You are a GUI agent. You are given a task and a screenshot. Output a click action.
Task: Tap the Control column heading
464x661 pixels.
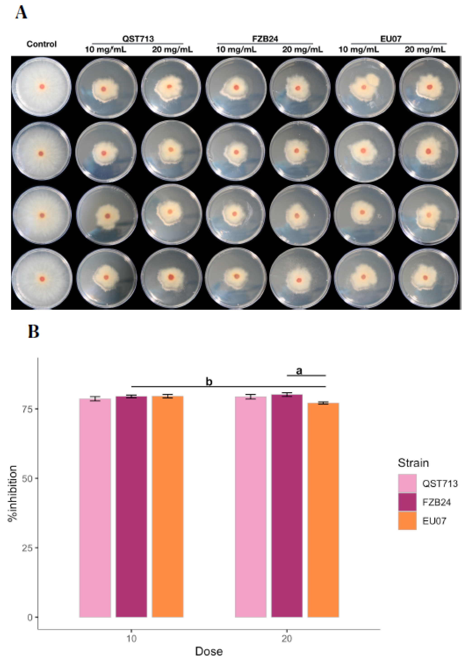point(41,44)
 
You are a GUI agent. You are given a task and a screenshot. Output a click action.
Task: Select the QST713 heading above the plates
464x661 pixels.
point(138,39)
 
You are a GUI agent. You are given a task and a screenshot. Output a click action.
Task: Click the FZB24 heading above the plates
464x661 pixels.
point(265,39)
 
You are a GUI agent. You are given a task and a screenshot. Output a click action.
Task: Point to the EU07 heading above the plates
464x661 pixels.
point(391,39)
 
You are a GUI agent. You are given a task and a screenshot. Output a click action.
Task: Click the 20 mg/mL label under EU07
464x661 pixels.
point(425,50)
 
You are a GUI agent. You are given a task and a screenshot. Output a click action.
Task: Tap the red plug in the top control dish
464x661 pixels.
point(42,87)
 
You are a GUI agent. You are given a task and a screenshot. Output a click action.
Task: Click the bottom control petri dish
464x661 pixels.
point(42,279)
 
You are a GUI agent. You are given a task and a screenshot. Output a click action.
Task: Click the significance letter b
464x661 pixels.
point(209,382)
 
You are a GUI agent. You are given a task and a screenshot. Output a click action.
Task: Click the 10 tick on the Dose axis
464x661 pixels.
point(131,639)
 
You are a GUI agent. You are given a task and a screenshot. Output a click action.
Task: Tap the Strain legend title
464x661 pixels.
point(413,463)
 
